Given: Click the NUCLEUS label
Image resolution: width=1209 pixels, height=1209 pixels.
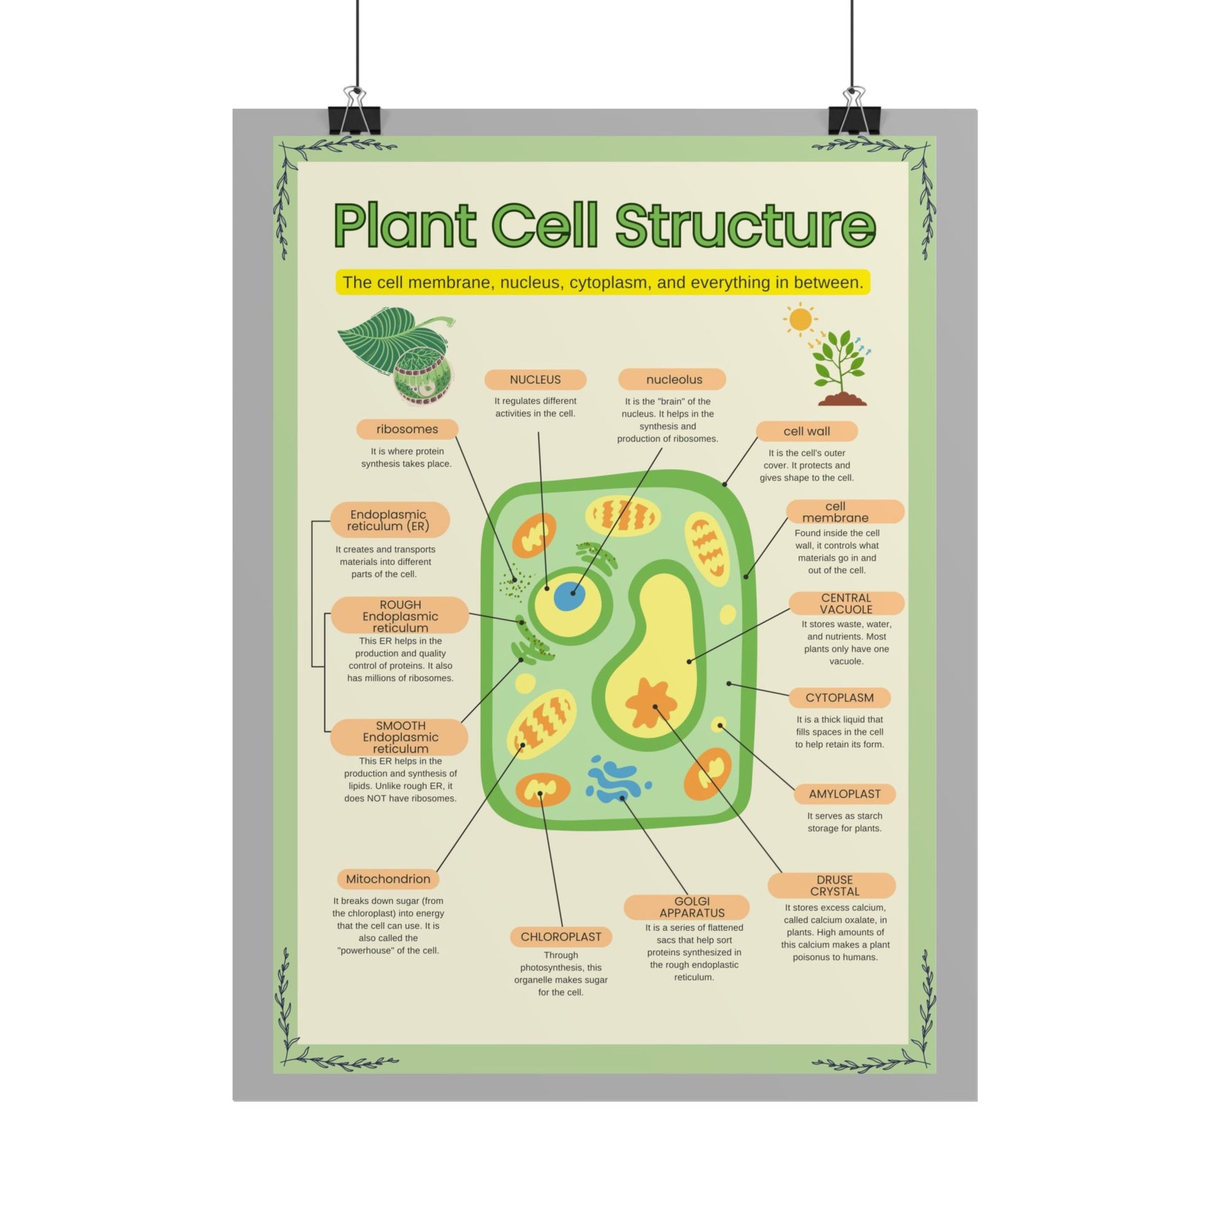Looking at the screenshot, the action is click(535, 379).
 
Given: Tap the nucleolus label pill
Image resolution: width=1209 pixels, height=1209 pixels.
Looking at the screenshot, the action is click(672, 379).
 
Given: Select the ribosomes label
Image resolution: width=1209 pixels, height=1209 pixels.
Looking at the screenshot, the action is click(407, 429).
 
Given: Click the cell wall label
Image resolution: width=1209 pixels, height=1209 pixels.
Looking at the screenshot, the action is click(806, 431).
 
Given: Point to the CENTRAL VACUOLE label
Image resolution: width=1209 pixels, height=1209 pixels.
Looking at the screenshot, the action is click(846, 603).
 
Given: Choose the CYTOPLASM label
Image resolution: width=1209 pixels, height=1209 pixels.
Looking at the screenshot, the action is click(839, 698).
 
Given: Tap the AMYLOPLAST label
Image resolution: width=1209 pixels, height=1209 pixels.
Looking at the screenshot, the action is click(844, 794).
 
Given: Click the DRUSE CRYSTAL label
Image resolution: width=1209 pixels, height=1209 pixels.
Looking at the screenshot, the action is click(832, 885).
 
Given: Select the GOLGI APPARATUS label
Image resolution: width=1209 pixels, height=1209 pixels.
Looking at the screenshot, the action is click(687, 907).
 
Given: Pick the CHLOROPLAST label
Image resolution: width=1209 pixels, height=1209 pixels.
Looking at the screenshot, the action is click(560, 937).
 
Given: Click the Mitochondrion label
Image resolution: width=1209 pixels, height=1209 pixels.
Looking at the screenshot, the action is click(388, 879).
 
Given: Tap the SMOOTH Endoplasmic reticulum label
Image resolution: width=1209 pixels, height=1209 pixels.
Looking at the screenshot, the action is click(399, 737).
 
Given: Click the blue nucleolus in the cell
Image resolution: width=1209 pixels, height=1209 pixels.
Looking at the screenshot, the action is click(570, 595).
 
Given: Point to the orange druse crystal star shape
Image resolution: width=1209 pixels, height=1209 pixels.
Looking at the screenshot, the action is click(651, 703).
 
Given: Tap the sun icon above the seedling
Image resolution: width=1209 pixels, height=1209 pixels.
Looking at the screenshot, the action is click(800, 319).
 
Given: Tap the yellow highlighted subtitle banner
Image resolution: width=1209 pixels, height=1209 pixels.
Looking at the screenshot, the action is click(603, 282).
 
